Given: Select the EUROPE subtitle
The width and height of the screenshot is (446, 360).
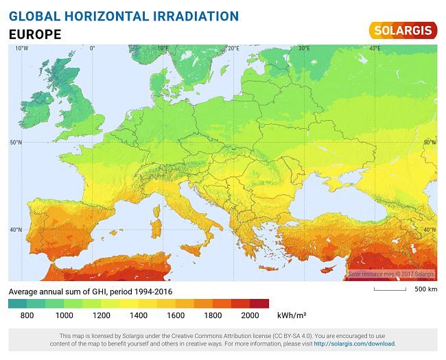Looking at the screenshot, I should (x=35, y=34).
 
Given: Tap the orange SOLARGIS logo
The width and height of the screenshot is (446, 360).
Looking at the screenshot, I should (x=403, y=30).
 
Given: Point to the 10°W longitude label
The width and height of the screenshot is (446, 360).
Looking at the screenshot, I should (x=21, y=49).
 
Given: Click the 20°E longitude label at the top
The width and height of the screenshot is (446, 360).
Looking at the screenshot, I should (x=233, y=49).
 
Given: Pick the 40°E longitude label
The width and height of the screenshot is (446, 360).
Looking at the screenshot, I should (x=375, y=49).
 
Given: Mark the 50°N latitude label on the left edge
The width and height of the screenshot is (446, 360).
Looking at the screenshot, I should (x=15, y=143).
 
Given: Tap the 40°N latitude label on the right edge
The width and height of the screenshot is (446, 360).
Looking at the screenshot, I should (x=430, y=230).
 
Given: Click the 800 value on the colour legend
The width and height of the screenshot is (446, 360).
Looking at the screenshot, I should (x=27, y=315).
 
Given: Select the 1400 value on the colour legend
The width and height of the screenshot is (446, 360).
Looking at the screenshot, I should (x=139, y=315).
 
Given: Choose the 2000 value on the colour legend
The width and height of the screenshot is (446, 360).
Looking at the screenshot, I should (x=250, y=315).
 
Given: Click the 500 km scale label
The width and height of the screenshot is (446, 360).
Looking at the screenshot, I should (x=425, y=289).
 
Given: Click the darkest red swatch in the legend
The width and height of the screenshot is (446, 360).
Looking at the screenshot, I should (x=259, y=303).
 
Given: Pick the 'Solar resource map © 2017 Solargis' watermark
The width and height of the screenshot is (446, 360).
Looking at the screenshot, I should (x=391, y=274).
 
